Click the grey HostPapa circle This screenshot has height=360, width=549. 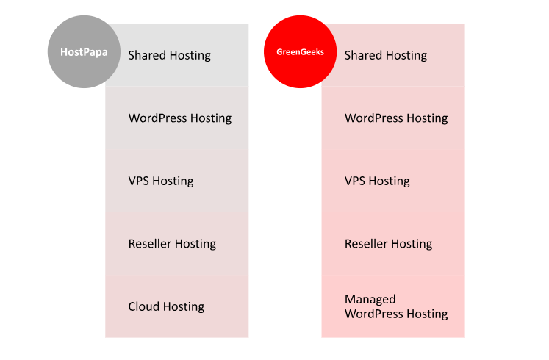[84, 51]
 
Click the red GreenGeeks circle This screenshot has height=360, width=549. [300, 51]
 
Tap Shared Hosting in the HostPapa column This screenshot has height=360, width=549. [170, 55]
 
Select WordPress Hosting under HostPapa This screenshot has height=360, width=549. [180, 118]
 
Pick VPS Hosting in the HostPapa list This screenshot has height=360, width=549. [161, 181]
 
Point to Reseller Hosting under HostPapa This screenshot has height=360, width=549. [172, 243]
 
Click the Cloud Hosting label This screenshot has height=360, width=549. [166, 306]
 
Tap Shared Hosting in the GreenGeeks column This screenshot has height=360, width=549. [386, 55]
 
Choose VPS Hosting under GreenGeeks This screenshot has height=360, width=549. [377, 181]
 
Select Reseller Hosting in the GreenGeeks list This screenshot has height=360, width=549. [389, 243]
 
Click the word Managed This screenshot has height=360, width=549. [370, 300]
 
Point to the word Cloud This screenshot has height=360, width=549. [143, 306]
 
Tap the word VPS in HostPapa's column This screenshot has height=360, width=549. [139, 181]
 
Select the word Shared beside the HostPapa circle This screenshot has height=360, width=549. [147, 55]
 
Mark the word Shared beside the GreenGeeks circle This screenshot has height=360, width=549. [363, 55]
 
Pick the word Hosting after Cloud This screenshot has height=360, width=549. [184, 307]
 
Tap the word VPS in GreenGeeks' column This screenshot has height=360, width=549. [355, 181]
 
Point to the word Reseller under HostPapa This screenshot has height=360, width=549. [149, 243]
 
